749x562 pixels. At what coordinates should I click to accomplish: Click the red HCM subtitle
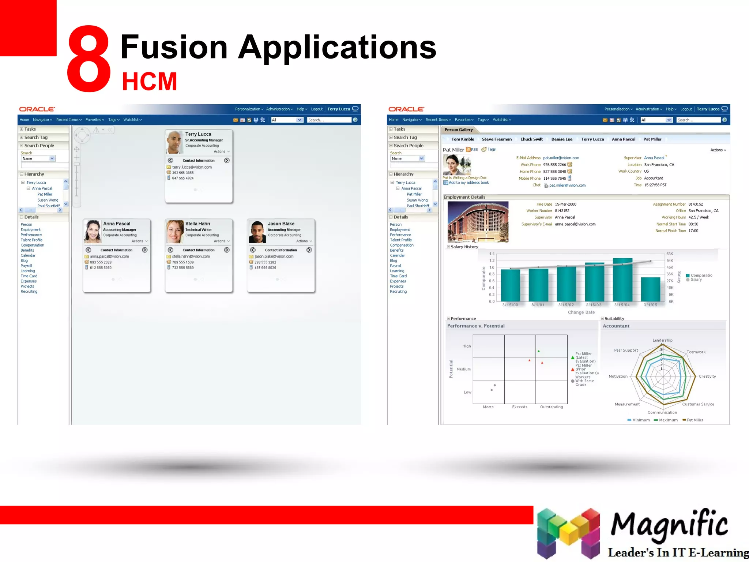(149, 81)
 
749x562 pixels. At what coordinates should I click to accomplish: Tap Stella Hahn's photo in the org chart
(175, 232)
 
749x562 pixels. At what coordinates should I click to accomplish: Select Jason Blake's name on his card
(281, 224)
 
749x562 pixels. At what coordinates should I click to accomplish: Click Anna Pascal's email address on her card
(109, 256)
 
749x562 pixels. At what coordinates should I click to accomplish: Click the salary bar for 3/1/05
(650, 289)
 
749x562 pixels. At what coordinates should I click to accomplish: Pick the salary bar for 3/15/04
(622, 280)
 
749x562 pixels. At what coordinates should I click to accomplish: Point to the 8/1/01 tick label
(538, 305)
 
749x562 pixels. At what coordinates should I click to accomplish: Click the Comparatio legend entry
(701, 275)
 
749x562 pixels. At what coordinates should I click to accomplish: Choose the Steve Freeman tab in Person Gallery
(497, 139)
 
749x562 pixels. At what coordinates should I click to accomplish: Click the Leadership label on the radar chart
(662, 340)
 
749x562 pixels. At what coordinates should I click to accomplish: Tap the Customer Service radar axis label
(698, 404)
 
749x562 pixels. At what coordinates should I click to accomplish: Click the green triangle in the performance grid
(539, 351)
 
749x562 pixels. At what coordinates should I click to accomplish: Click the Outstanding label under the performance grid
(551, 407)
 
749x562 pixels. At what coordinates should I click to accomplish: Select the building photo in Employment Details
(478, 222)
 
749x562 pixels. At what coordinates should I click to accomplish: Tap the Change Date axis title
(581, 312)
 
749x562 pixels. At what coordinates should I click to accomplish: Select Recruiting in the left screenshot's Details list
(29, 292)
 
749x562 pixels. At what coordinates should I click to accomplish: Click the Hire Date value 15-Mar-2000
(565, 204)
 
